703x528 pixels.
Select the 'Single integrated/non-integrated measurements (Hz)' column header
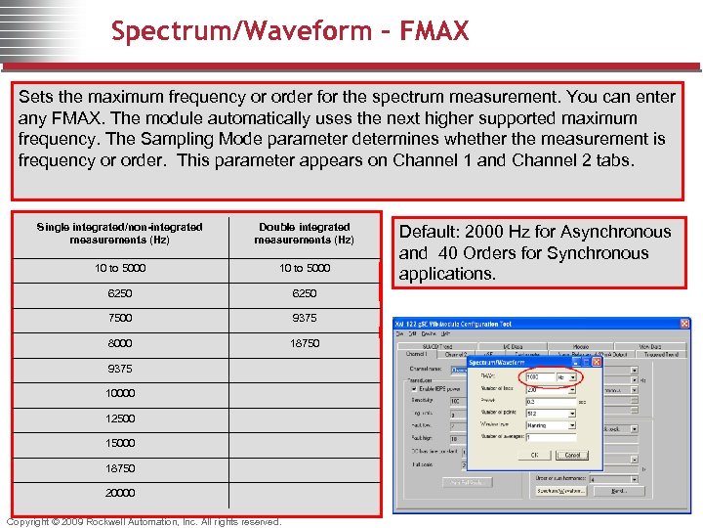coord(119,233)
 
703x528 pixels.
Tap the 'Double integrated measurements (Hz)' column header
coord(305,233)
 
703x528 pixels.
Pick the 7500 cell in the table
coord(121,318)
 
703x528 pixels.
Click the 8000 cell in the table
coord(121,343)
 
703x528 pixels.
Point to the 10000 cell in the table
coord(121,393)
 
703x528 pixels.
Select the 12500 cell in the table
coord(121,418)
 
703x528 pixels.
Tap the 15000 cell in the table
coord(121,443)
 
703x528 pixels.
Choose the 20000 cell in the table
coord(121,493)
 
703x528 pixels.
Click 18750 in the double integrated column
coord(305,343)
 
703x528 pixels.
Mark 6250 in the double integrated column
coord(305,292)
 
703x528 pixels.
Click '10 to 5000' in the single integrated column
coord(121,267)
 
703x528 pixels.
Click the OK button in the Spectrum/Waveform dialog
coord(534,455)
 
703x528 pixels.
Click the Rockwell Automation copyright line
coord(145,521)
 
